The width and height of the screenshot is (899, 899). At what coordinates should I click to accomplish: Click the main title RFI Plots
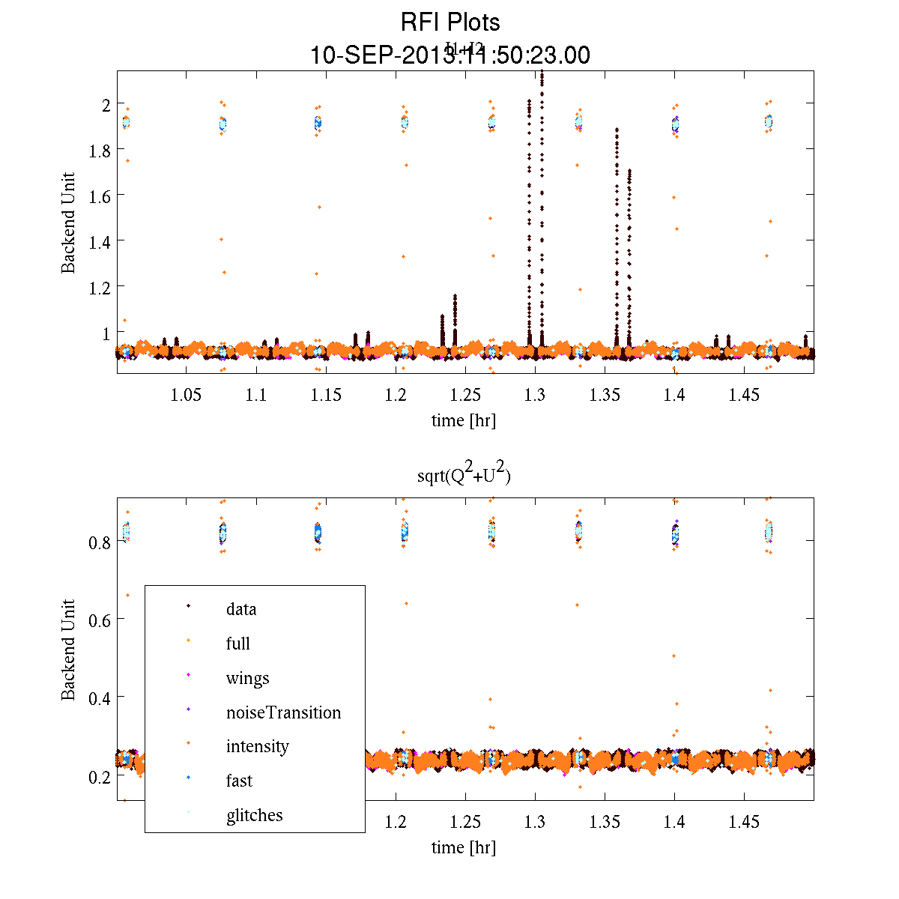450,22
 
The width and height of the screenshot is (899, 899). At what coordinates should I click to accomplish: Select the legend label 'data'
241,609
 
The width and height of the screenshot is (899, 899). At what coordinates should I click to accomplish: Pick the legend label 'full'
238,644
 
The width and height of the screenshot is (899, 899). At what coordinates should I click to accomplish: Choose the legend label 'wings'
247,678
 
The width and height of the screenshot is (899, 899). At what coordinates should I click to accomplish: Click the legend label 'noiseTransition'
283,712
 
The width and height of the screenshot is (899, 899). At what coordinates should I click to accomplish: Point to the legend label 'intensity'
257,746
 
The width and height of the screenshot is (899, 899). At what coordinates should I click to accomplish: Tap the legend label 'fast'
239,781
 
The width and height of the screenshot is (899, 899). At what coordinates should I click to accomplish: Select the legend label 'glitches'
254,815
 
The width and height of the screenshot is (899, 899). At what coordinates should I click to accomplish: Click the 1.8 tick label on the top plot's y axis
100,150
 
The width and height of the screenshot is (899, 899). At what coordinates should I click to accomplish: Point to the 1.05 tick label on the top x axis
186,395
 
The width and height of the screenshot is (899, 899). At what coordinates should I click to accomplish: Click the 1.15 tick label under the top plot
326,395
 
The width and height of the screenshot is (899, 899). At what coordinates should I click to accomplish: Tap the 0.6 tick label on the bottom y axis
100,620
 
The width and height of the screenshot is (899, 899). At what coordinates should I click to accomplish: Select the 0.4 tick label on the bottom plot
100,697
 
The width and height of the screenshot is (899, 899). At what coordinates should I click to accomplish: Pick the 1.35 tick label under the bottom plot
605,822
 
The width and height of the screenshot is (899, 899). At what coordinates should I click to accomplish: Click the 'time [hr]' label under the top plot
464,420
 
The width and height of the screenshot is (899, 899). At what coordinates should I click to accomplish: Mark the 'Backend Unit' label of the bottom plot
68,650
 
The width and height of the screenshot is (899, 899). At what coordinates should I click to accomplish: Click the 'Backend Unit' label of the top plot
68,223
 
